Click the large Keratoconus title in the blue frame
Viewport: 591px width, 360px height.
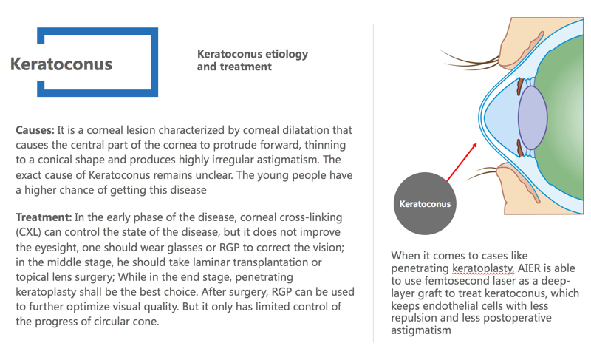point(61,64)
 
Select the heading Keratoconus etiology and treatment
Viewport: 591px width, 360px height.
point(253,60)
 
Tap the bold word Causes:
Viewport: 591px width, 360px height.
point(35,130)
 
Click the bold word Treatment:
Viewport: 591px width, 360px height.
point(44,217)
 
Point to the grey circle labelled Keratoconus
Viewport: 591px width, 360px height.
point(425,203)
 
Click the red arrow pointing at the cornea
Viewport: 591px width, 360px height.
point(462,162)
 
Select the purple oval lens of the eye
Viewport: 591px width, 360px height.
point(533,118)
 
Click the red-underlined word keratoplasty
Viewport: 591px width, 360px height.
point(483,269)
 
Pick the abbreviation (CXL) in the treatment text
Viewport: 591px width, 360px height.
point(28,232)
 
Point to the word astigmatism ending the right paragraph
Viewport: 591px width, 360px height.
point(420,330)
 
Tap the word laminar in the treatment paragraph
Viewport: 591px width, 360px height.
point(212,262)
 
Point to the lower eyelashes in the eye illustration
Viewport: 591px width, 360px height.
point(482,174)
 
